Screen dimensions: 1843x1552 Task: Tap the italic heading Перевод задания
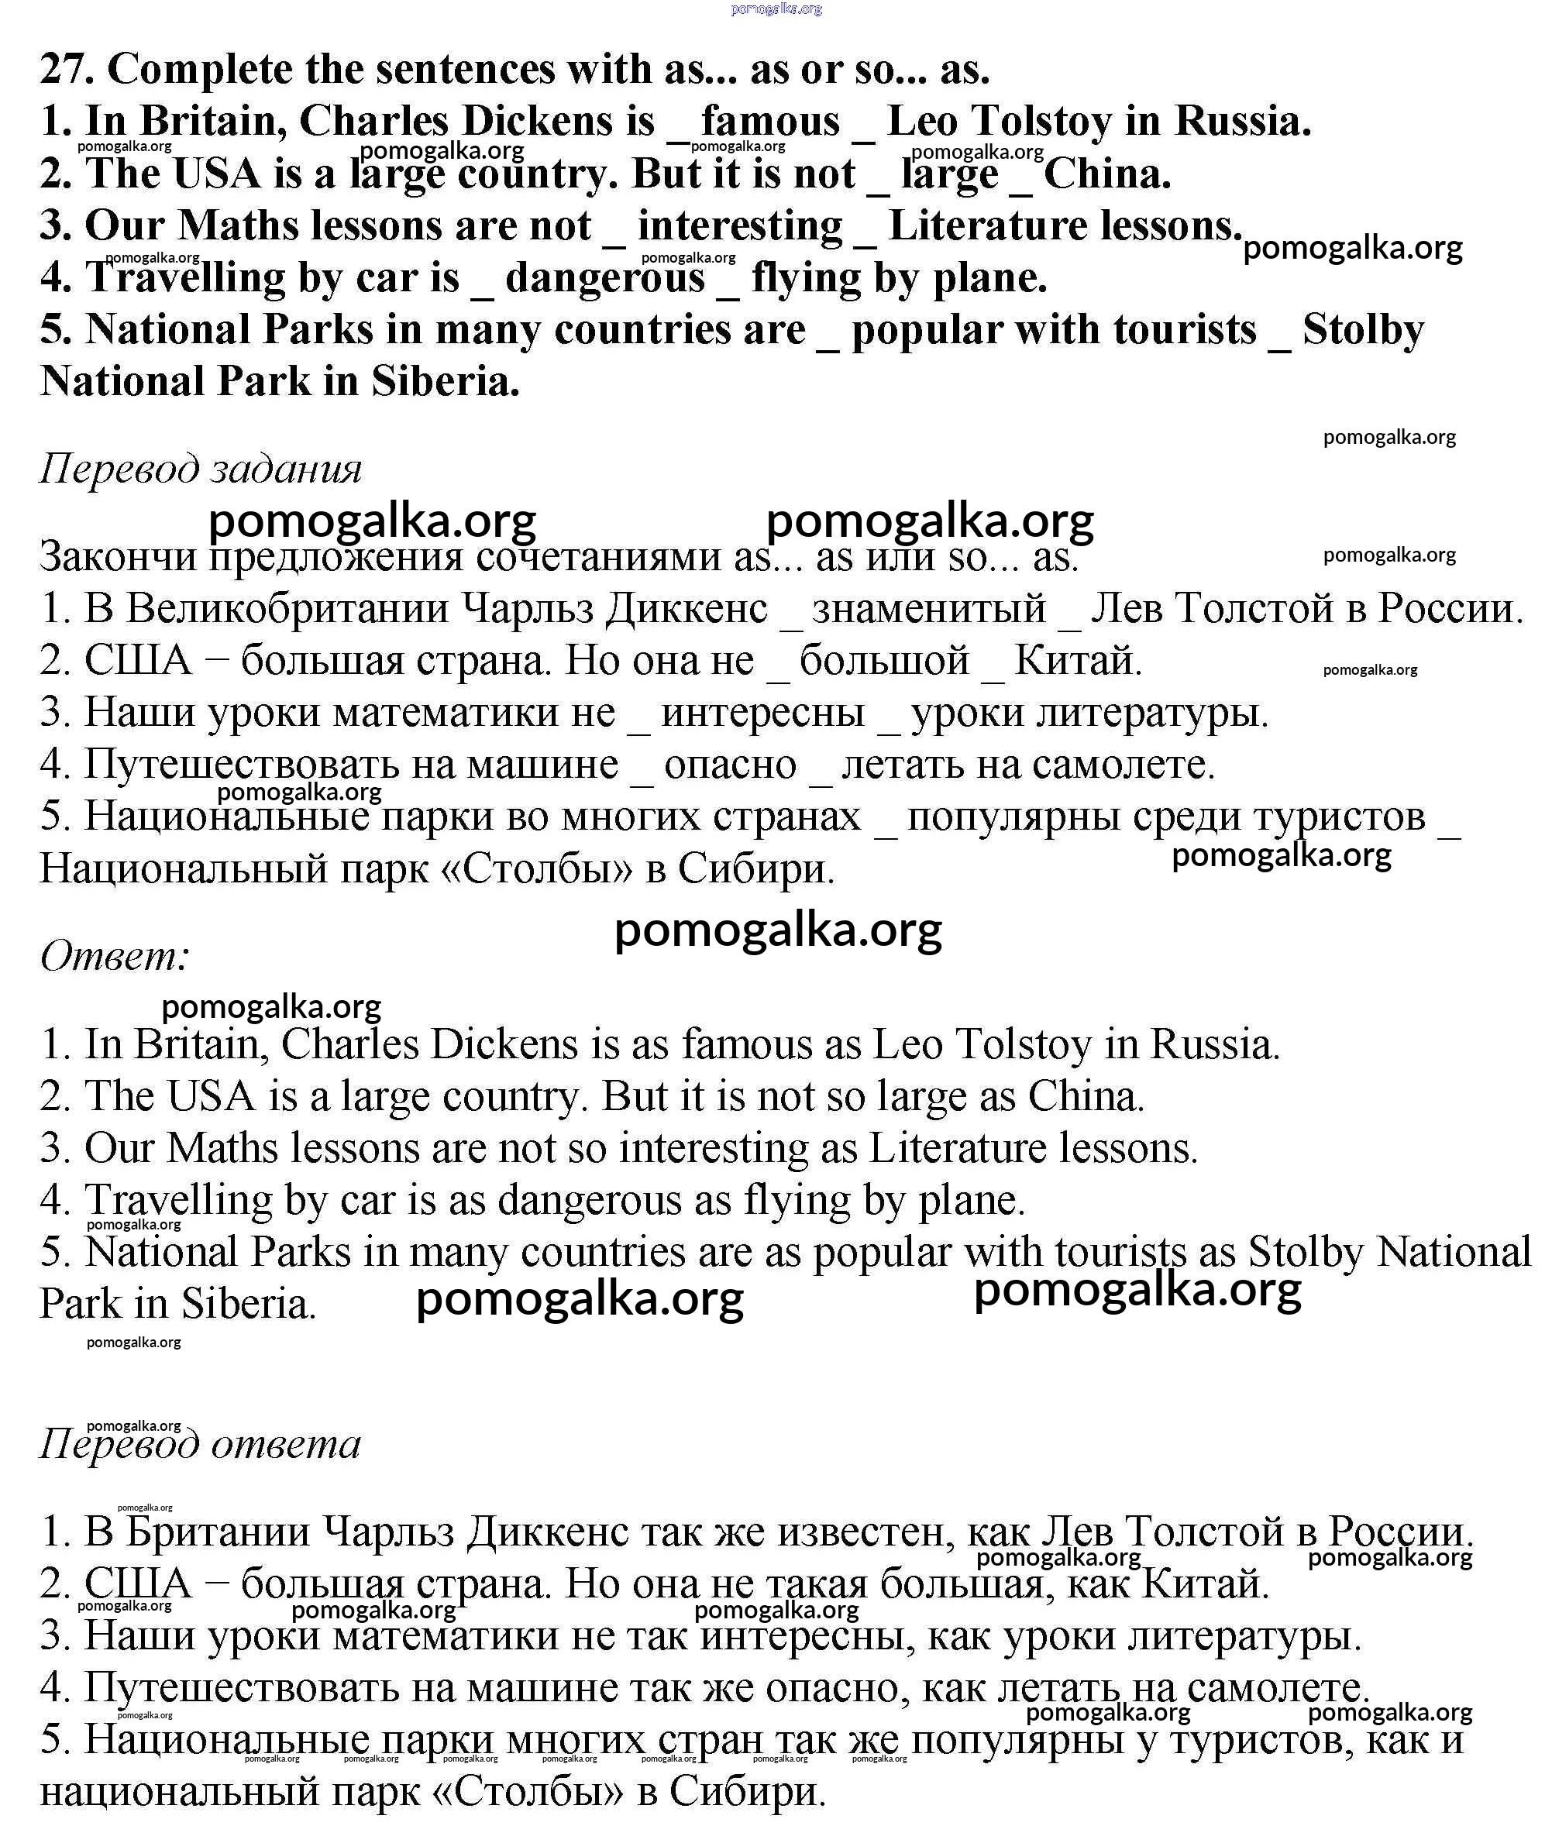tap(201, 468)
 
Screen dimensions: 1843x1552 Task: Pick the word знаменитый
tap(929, 608)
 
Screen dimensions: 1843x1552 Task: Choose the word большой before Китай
tap(884, 660)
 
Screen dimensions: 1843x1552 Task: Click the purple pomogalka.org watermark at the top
tap(776, 9)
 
